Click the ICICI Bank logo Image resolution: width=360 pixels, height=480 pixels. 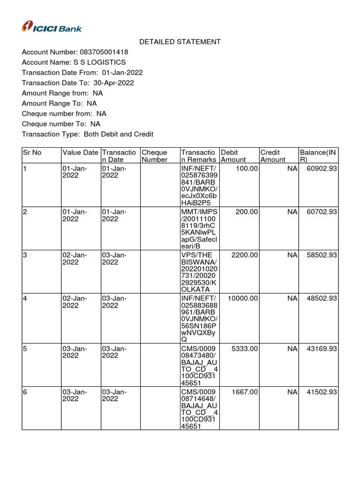pyautogui.click(x=52, y=27)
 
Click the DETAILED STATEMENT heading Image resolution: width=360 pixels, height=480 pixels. pyautogui.click(x=180, y=42)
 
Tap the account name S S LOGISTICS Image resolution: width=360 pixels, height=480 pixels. pyautogui.click(x=99, y=62)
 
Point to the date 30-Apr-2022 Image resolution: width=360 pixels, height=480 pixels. pyautogui.click(x=113, y=83)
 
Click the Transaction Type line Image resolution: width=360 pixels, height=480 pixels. pyautogui.click(x=88, y=134)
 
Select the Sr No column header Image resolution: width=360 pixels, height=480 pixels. pyautogui.click(x=32, y=152)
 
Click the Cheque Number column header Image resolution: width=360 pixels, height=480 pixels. pyautogui.click(x=154, y=156)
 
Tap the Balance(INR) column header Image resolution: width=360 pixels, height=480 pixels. pyautogui.click(x=318, y=156)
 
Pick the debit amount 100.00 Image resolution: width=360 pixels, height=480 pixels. pyautogui.click(x=247, y=168)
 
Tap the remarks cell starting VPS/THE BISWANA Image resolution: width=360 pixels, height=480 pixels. pyautogui.click(x=199, y=272)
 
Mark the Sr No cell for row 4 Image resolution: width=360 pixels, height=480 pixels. pyautogui.click(x=25, y=298)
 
